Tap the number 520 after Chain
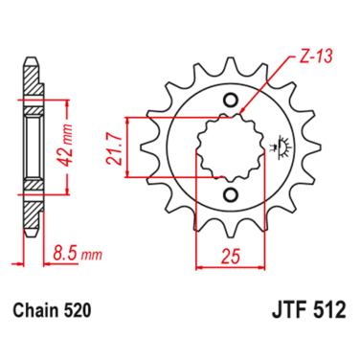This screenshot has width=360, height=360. (80, 311)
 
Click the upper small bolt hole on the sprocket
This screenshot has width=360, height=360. (228, 101)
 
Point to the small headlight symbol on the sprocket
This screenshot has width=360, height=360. (281, 147)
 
